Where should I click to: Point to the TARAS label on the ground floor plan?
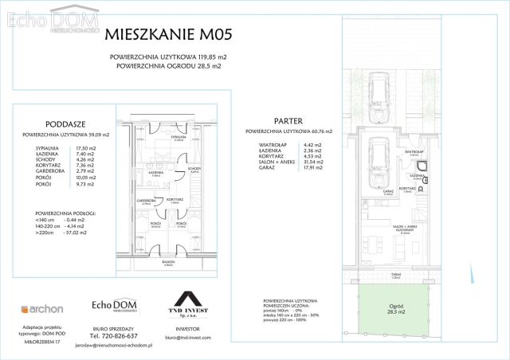coord(396,272)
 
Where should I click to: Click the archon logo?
coord(42,308)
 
